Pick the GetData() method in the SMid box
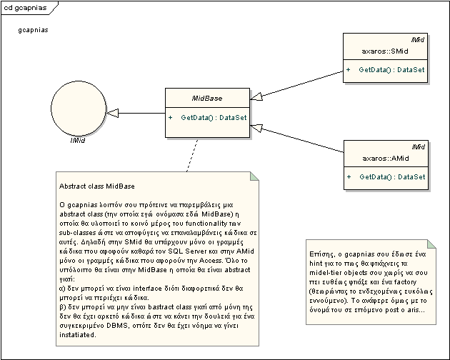coord(391,69)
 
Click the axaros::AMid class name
coord(386,158)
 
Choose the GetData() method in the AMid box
coord(391,176)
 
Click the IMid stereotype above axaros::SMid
coord(418,40)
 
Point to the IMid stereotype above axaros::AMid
coord(418,146)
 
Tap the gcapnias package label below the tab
coord(34,31)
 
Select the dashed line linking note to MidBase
coord(191,154)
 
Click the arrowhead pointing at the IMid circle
coord(116,113)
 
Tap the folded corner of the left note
coord(255,176)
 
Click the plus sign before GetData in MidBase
coord(171,116)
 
